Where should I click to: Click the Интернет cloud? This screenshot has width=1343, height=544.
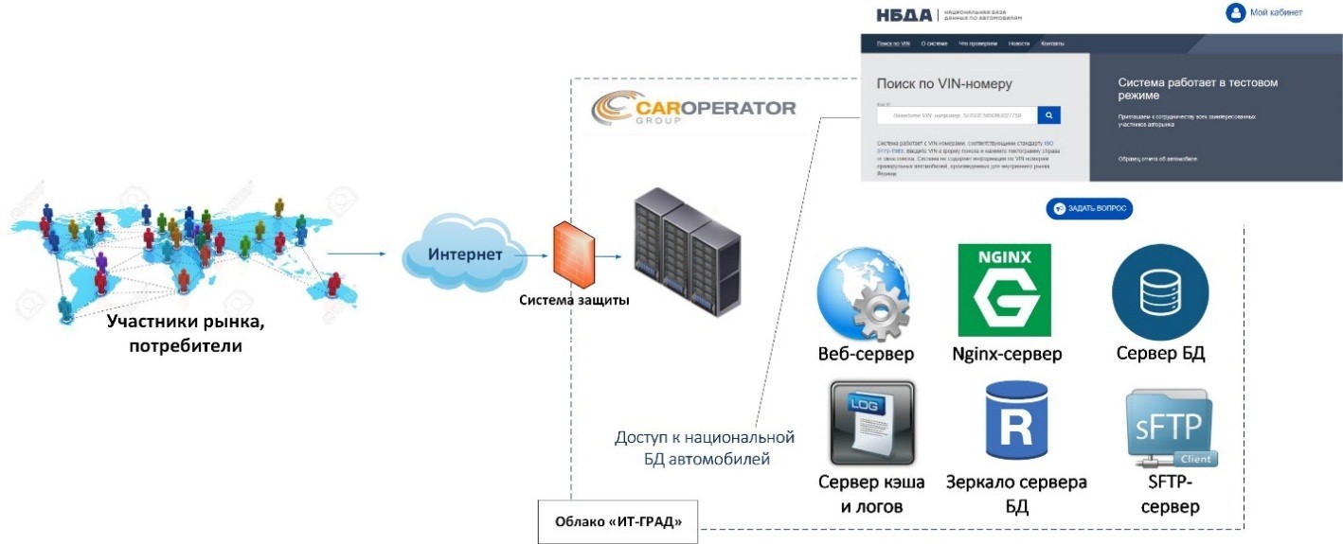(x=464, y=254)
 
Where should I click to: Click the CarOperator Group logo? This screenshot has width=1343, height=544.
(x=693, y=110)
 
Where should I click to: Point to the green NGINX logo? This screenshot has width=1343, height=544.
(x=1005, y=290)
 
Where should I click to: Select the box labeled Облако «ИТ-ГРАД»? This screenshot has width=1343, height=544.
(x=618, y=521)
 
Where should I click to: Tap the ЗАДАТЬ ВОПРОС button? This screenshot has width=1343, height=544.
(x=1089, y=209)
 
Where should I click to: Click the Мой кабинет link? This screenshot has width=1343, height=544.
(x=1263, y=13)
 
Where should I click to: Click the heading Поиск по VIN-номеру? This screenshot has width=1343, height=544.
(x=944, y=84)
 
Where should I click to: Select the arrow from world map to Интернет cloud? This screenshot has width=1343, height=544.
(x=357, y=254)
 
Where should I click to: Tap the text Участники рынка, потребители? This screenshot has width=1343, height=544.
(x=186, y=334)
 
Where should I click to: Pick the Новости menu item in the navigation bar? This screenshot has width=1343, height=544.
(x=1019, y=44)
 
